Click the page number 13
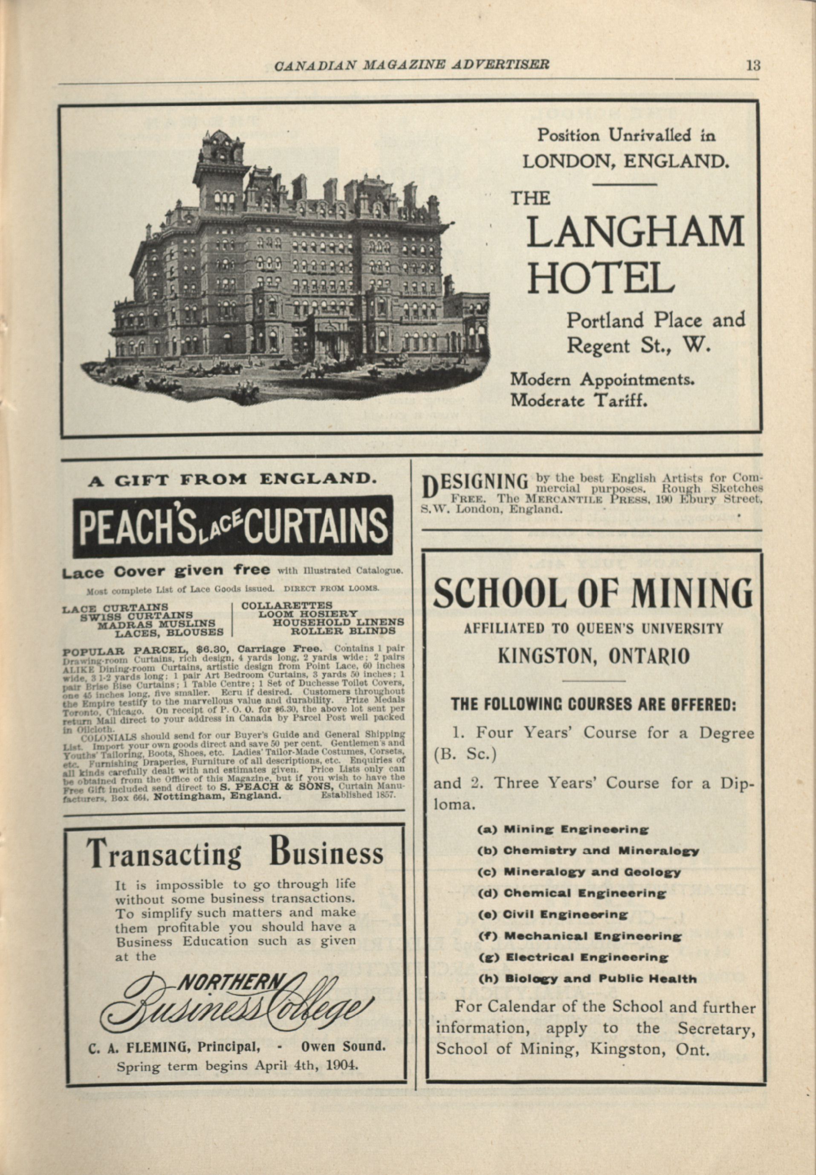(752, 65)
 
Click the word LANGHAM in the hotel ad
(634, 232)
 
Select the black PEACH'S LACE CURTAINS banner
(233, 526)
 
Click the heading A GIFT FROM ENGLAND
(233, 480)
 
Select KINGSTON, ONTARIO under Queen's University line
(593, 656)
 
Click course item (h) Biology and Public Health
(587, 979)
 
